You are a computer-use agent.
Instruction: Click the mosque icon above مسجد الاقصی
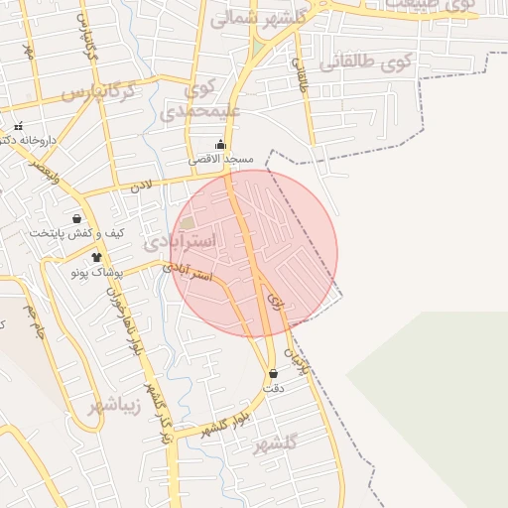tap(220, 144)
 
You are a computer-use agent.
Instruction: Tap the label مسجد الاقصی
tap(221, 159)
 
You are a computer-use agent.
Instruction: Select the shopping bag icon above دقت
tap(273, 374)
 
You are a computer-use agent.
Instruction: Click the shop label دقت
tap(274, 388)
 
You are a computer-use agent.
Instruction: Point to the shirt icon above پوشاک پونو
tap(96, 257)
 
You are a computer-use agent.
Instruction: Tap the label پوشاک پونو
tap(95, 271)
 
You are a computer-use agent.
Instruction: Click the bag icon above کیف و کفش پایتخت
tap(76, 219)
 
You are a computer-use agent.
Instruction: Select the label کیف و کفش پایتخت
tap(76, 233)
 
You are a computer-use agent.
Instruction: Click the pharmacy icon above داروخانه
tap(18, 126)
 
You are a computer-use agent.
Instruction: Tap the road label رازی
tap(274, 309)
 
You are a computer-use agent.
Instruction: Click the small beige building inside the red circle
tap(188, 223)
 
